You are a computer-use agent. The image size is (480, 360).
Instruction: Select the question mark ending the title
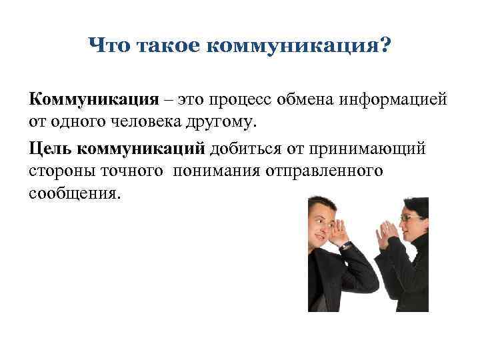385,47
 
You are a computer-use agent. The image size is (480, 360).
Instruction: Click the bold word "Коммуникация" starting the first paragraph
93,101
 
